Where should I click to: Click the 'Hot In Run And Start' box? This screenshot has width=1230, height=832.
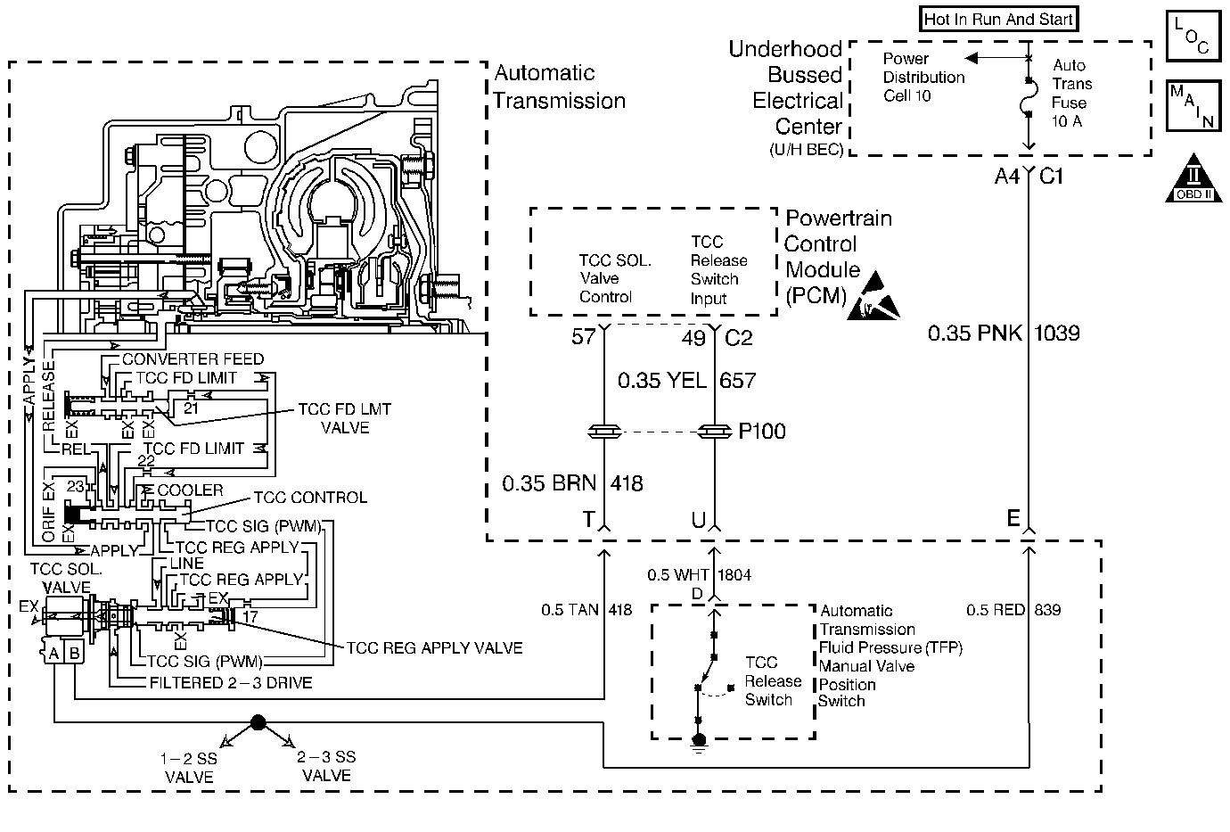[x=998, y=19]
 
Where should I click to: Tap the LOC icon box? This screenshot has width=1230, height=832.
[x=1192, y=36]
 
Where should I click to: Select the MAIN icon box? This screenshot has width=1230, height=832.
[x=1192, y=105]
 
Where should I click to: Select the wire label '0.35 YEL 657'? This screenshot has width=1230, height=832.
[x=686, y=381]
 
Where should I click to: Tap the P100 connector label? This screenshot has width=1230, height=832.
[x=762, y=432]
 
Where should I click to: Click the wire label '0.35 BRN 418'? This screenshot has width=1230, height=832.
[x=572, y=483]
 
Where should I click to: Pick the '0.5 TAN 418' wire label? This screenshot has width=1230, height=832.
[x=586, y=610]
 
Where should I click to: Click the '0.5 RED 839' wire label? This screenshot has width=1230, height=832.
[x=1013, y=610]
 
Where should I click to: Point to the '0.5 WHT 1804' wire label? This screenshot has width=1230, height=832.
[x=699, y=575]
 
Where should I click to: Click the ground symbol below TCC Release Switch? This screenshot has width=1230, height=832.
[x=699, y=742]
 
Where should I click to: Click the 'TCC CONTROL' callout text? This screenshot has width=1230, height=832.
[x=310, y=498]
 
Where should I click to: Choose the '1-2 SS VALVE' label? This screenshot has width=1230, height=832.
[x=189, y=767]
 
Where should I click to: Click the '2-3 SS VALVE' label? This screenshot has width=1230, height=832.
[x=326, y=766]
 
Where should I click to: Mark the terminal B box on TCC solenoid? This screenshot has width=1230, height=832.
[x=75, y=653]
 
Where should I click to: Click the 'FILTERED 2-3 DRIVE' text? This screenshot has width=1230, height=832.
[x=230, y=683]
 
